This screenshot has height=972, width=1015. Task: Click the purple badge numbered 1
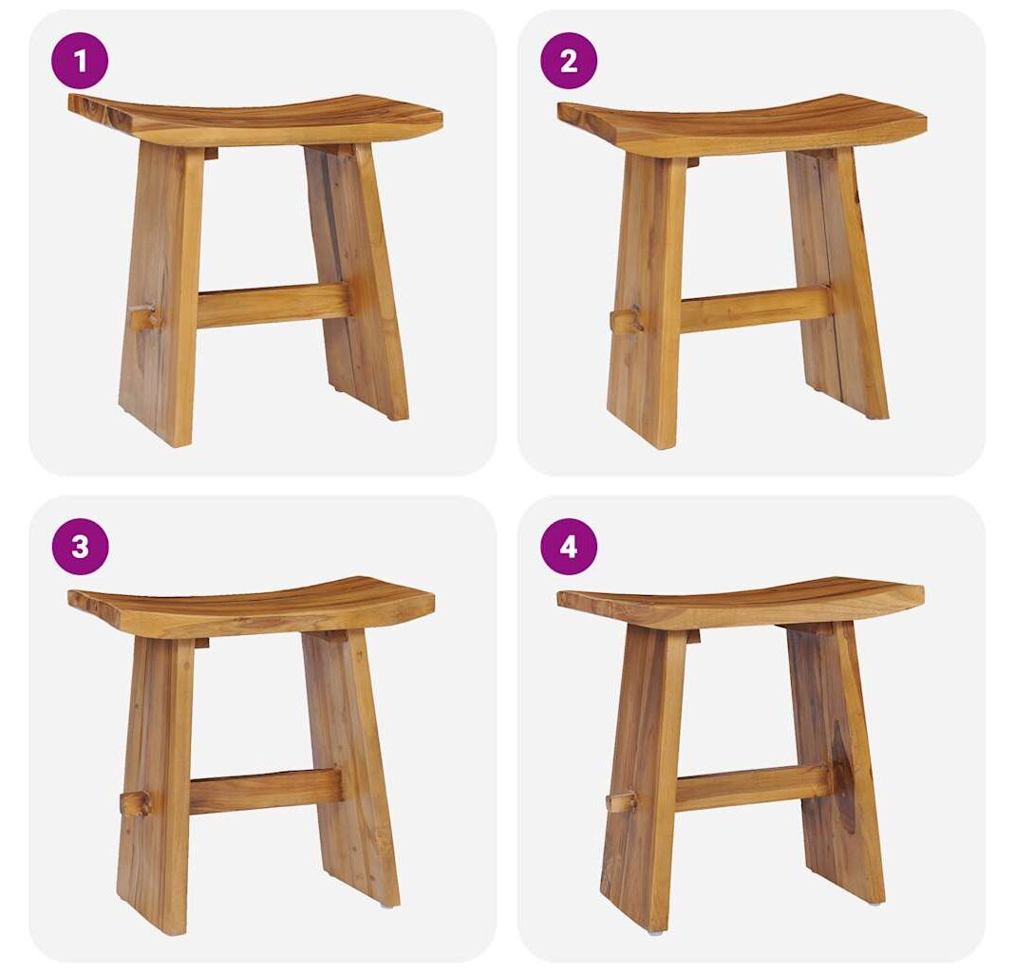pyautogui.click(x=80, y=61)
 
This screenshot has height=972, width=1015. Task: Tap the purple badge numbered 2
pyautogui.click(x=569, y=61)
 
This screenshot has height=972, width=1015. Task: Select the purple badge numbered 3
pyautogui.click(x=80, y=546)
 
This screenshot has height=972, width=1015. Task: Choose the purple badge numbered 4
pyautogui.click(x=569, y=546)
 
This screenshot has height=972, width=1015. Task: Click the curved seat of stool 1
pyautogui.click(x=255, y=120)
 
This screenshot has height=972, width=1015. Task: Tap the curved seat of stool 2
pyautogui.click(x=742, y=125)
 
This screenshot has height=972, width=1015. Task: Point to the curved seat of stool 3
pyautogui.click(x=252, y=607)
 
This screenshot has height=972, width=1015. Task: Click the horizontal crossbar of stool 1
pyautogui.click(x=273, y=305)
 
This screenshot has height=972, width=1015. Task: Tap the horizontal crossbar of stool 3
pyautogui.click(x=266, y=792)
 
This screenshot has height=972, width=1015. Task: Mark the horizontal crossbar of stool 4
pyautogui.click(x=752, y=787)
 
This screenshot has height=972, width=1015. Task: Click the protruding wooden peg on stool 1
pyautogui.click(x=143, y=317)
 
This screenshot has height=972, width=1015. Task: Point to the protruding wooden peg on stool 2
pyautogui.click(x=626, y=321)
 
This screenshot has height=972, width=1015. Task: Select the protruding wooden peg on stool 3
pyautogui.click(x=135, y=803)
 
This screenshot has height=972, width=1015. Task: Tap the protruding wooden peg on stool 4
pyautogui.click(x=621, y=801)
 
